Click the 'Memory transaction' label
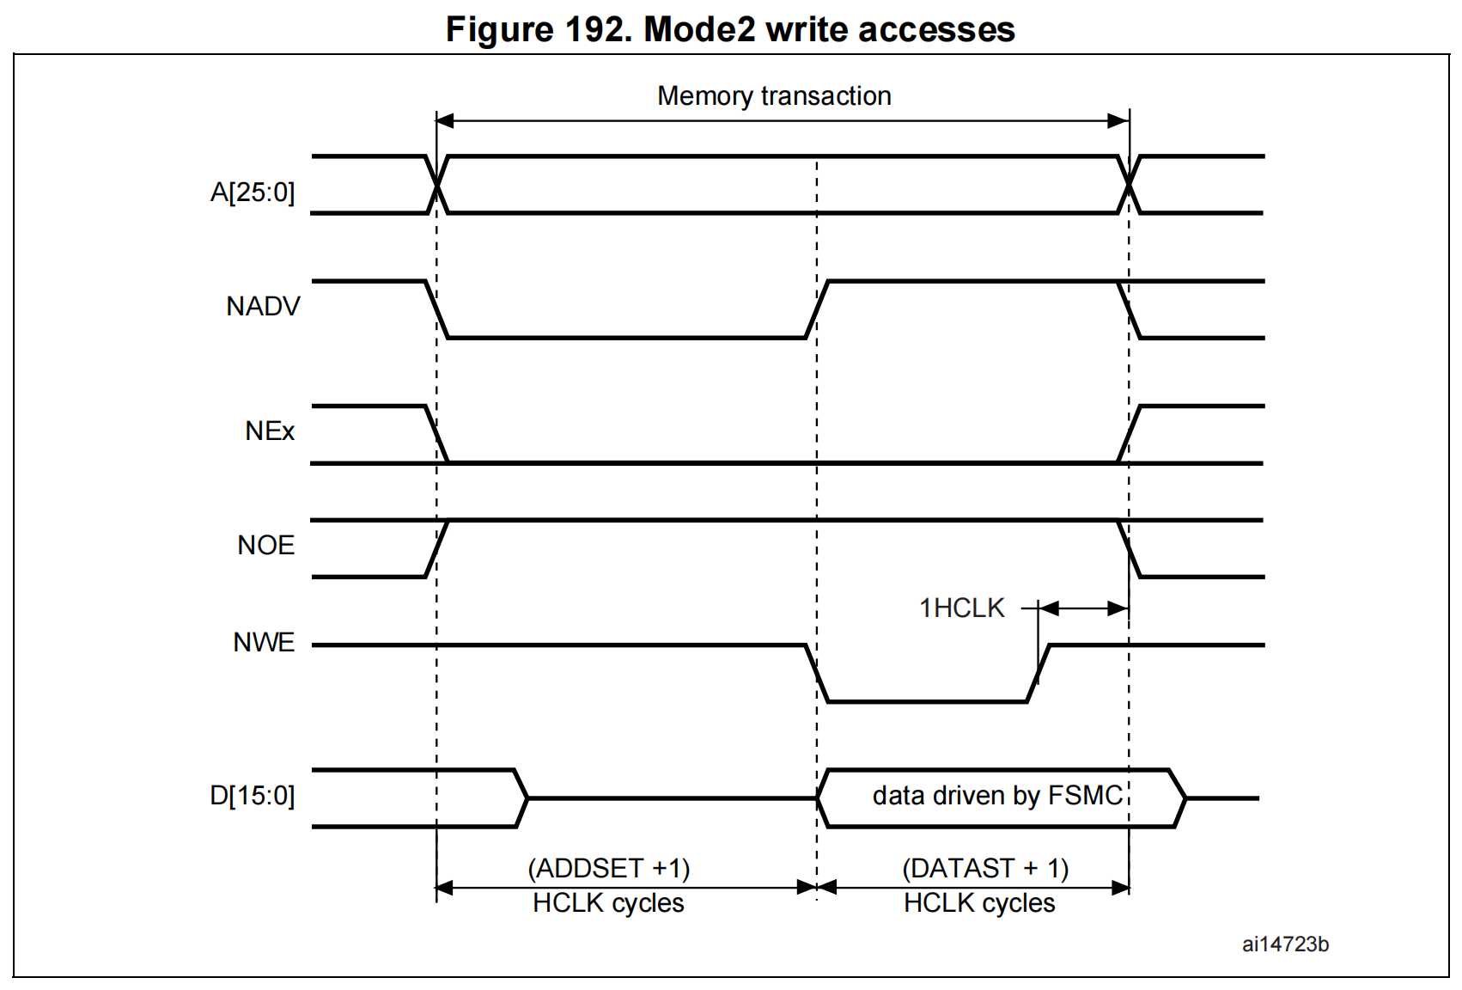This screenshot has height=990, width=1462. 774,95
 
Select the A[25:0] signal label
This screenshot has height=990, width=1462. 252,192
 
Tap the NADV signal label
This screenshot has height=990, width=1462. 263,306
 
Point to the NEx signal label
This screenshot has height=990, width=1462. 270,431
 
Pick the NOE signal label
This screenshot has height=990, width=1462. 265,545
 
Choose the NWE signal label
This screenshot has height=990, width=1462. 264,642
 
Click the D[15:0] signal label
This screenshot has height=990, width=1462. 252,795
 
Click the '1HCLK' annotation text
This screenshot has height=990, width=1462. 961,608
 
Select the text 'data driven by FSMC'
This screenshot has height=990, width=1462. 997,796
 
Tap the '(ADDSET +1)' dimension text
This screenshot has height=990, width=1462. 608,868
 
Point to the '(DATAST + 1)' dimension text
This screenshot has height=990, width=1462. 985,868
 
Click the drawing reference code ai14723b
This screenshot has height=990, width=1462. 1285,944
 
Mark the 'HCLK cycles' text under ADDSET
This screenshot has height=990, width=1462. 608,903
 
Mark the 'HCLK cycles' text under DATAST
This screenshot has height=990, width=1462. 979,903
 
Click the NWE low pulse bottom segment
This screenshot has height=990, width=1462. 927,701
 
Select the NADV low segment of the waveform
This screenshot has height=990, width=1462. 627,338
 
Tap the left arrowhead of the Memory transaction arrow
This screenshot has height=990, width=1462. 445,120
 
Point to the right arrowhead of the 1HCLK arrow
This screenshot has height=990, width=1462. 1118,608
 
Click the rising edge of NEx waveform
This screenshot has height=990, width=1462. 1129,434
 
